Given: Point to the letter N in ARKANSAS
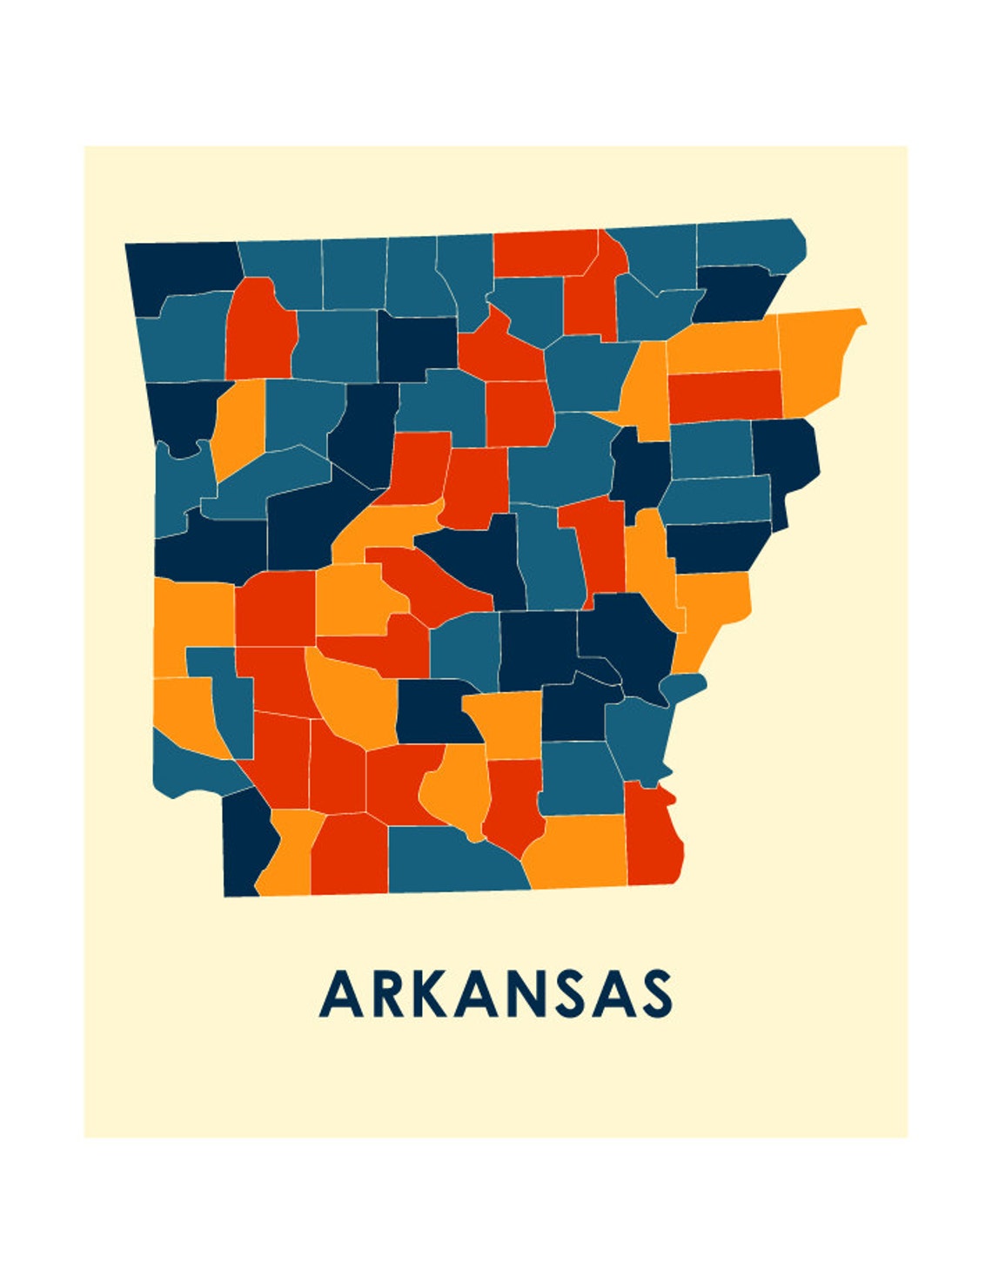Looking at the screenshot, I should coord(526,995).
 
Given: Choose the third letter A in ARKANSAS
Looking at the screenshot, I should coord(613,995).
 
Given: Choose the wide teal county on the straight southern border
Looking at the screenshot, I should coord(452,862).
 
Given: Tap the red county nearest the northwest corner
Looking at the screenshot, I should coord(259,331).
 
